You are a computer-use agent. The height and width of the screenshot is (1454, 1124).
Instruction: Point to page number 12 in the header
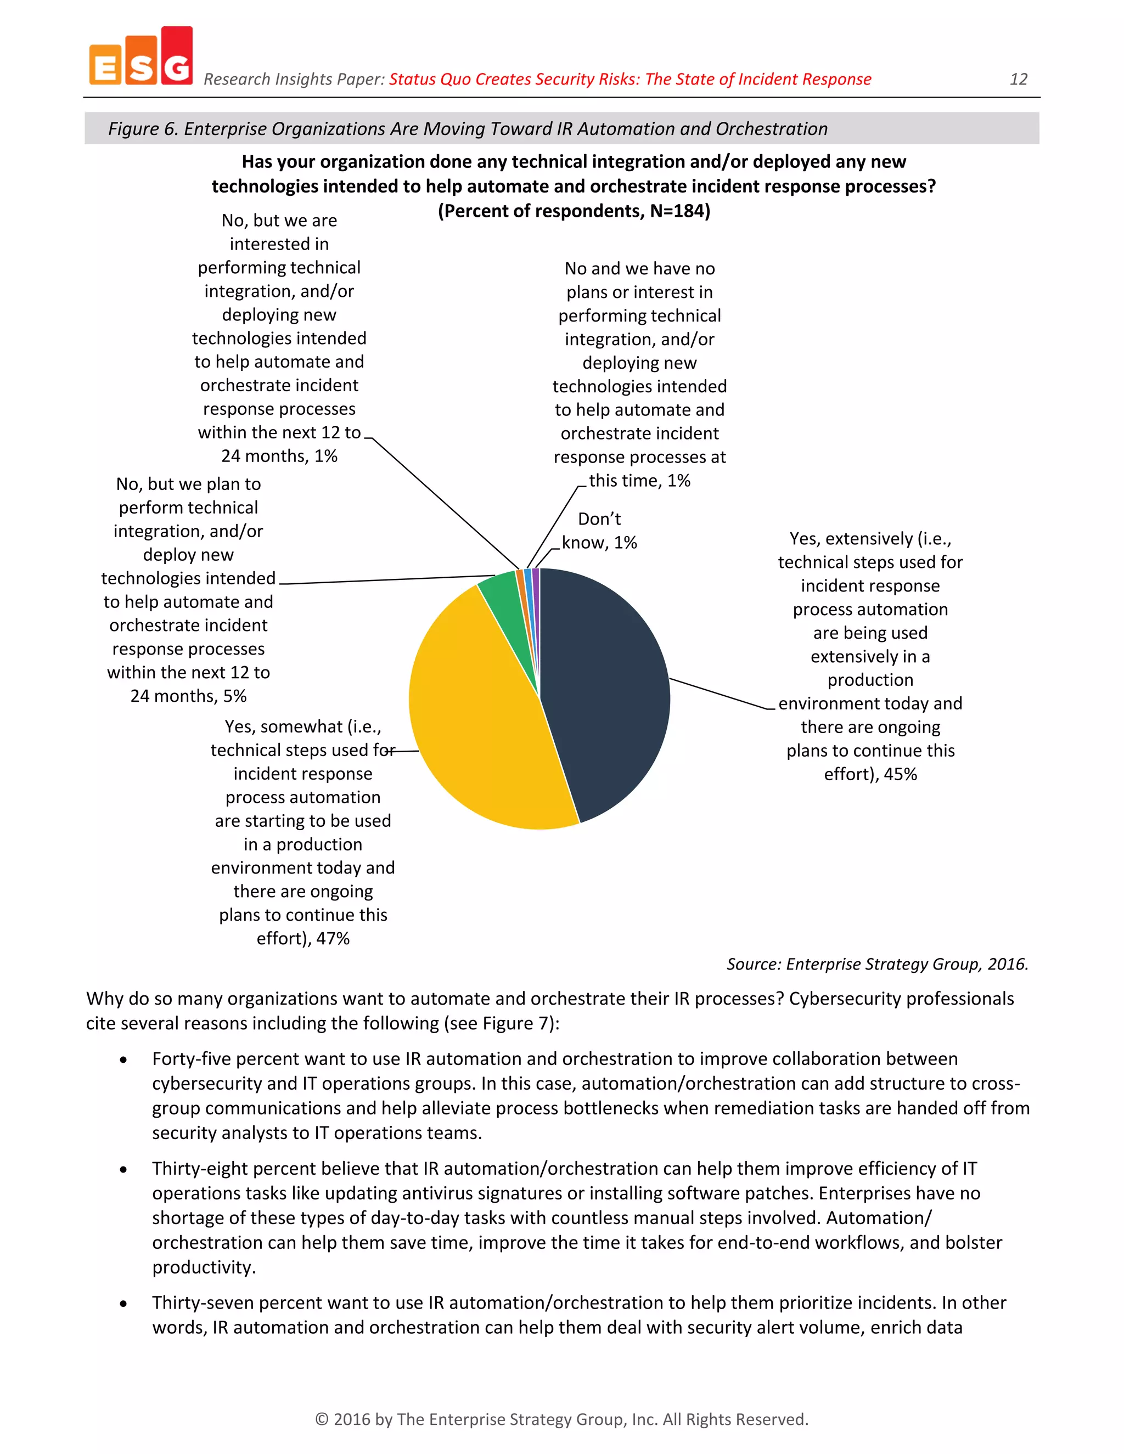pos(1018,79)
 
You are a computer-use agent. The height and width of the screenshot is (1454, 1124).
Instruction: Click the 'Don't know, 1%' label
pos(599,531)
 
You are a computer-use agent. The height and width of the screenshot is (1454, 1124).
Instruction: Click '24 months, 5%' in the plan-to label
pos(188,696)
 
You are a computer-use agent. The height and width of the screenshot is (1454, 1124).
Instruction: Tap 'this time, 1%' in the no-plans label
pos(639,481)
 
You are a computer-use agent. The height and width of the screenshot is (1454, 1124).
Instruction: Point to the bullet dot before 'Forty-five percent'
pos(123,1060)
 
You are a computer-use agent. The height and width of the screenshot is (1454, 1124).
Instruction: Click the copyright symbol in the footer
pos(322,1419)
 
